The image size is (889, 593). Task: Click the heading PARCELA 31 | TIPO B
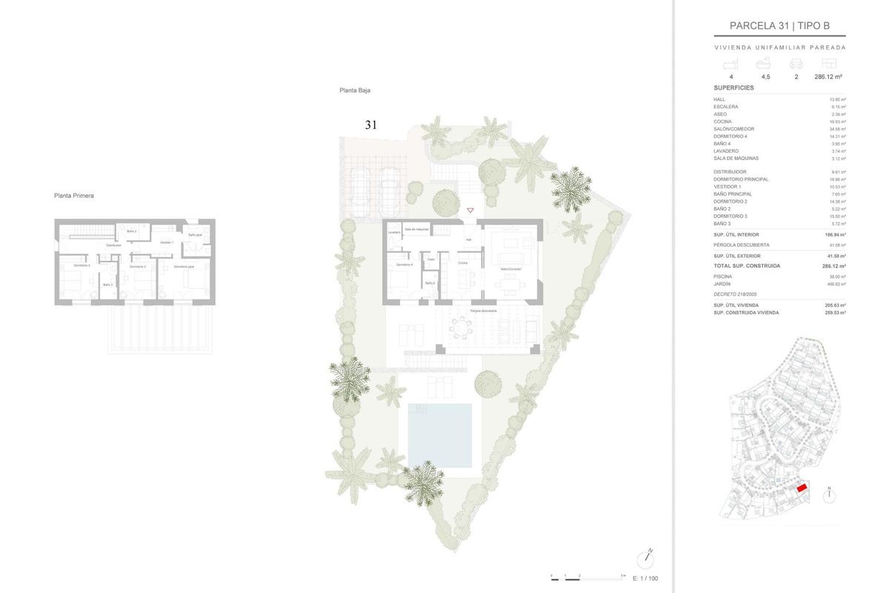click(x=779, y=26)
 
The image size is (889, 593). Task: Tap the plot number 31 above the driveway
click(x=370, y=125)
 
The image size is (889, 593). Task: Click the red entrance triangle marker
click(x=470, y=211)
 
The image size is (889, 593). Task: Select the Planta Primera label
click(x=74, y=196)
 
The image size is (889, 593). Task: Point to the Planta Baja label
click(x=355, y=90)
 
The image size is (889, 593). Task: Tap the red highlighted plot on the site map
click(x=801, y=488)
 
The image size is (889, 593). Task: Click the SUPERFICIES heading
click(x=733, y=87)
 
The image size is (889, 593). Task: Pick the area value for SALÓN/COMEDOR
click(x=837, y=129)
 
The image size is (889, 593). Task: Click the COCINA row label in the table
click(x=723, y=122)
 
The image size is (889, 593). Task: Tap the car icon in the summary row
click(x=796, y=64)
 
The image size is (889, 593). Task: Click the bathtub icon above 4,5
click(x=765, y=64)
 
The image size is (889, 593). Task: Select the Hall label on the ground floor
click(x=468, y=240)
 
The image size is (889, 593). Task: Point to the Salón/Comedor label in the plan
click(x=510, y=269)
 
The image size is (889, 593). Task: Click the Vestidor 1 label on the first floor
click(x=167, y=242)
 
